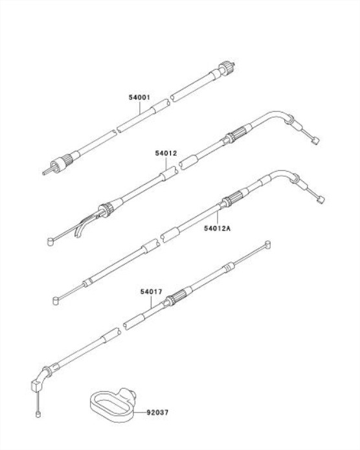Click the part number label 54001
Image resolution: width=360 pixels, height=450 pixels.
coord(139,97)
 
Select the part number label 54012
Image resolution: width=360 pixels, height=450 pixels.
coord(166,153)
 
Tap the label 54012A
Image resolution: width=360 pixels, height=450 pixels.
coord(218,228)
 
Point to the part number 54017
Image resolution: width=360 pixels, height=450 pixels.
coord(152,291)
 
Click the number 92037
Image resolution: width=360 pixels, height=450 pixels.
coord(157,412)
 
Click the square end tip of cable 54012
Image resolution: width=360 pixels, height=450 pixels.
coord(316,141)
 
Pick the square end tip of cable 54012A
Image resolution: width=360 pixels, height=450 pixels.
coord(321,199)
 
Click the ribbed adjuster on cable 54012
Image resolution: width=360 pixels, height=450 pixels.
coord(236,134)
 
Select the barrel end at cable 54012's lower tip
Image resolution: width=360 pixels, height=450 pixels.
coord(51,242)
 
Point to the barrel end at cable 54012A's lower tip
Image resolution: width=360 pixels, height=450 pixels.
coord(56,301)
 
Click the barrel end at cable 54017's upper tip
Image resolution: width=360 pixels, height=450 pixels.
coord(267,245)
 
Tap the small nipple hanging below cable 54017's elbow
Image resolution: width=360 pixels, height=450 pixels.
coord(38,414)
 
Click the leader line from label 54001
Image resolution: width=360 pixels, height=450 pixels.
coord(140,108)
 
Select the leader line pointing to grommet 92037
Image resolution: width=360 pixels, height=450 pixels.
coord(141,412)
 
